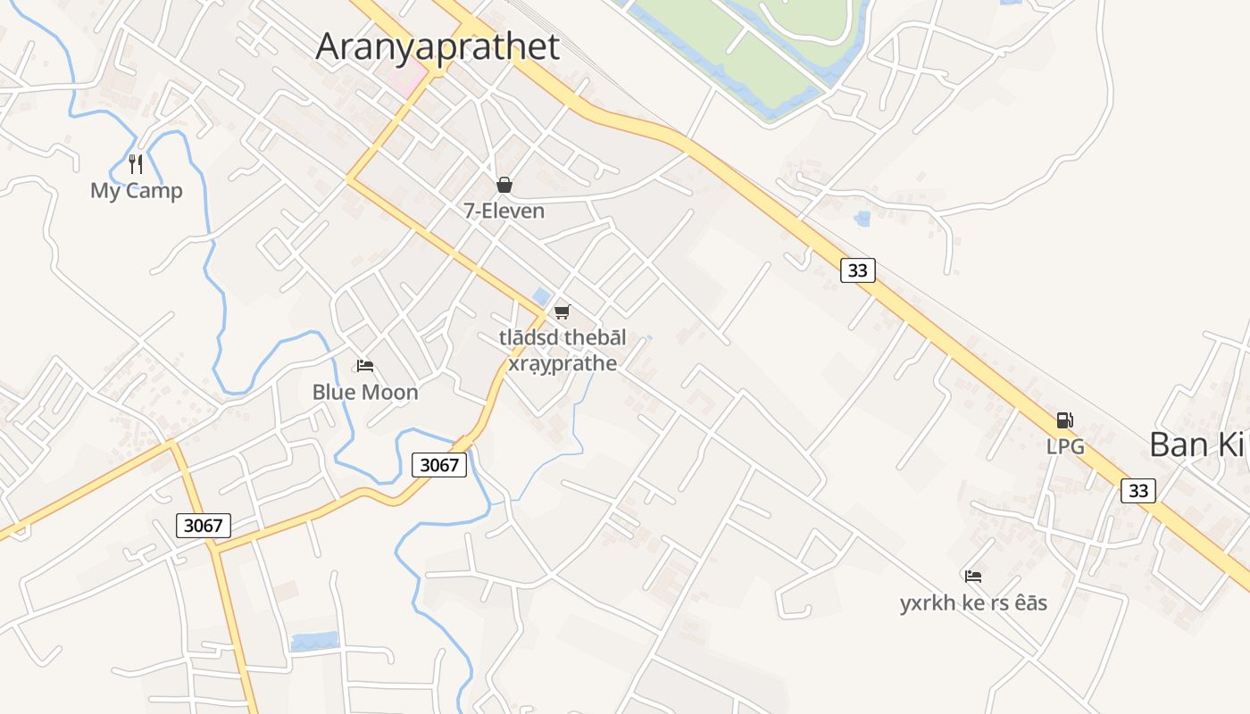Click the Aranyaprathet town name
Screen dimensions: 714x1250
point(437,46)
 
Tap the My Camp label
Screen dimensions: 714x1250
point(137,191)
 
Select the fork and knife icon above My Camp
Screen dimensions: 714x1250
point(136,164)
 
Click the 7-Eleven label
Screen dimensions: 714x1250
point(504,211)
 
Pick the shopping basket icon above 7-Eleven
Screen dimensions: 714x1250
point(504,185)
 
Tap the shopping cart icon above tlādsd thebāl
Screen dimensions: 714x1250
point(562,311)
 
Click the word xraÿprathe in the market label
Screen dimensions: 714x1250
point(562,363)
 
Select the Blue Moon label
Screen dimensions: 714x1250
point(365,392)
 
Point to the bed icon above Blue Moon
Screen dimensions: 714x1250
point(364,366)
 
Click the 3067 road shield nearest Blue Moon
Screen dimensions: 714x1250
point(439,464)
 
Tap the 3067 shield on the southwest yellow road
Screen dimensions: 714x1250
point(204,525)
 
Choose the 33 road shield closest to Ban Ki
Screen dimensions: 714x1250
point(1138,490)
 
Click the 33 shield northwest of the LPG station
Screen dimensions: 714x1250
point(857,270)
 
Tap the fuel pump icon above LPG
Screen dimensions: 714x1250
point(1064,420)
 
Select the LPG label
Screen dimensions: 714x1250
point(1065,446)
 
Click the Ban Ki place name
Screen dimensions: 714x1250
point(1196,444)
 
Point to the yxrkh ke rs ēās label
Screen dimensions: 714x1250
point(973,603)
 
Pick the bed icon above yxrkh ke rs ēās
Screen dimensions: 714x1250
point(973,577)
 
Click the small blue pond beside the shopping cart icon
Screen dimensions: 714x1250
point(540,296)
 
